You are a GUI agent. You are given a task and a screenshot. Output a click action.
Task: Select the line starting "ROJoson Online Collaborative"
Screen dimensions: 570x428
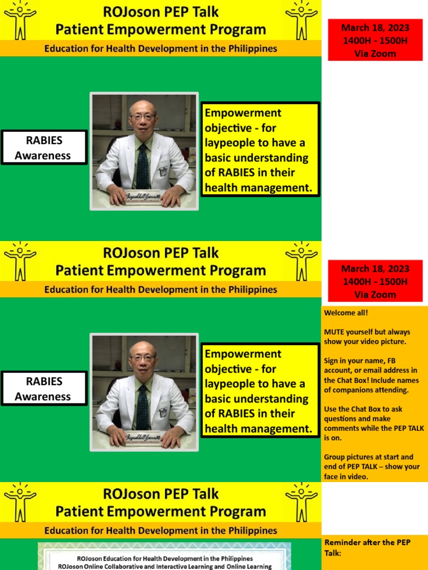(x=166, y=566)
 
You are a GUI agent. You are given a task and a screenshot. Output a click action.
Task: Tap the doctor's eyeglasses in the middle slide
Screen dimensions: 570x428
(x=143, y=358)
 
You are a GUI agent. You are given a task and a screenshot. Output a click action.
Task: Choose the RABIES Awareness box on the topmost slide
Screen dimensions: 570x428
(x=44, y=148)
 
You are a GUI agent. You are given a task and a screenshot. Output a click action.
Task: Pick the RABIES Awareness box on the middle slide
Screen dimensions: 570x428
(x=44, y=389)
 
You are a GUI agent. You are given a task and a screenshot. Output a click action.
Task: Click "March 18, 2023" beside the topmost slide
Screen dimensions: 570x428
(x=375, y=28)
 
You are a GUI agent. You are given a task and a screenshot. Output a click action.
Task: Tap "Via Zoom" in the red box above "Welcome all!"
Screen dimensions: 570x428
(x=375, y=294)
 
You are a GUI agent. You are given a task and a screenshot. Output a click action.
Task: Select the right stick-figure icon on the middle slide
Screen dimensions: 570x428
(x=301, y=261)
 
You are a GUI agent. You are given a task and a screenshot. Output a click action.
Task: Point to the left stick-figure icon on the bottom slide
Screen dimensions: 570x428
(x=20, y=502)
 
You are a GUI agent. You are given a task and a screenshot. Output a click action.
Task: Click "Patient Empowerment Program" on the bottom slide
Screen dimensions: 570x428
(x=160, y=512)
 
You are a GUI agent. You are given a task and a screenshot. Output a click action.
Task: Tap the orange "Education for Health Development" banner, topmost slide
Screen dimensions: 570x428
(x=160, y=48)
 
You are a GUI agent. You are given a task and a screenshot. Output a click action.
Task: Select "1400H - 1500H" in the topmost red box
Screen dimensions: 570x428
(x=375, y=41)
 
